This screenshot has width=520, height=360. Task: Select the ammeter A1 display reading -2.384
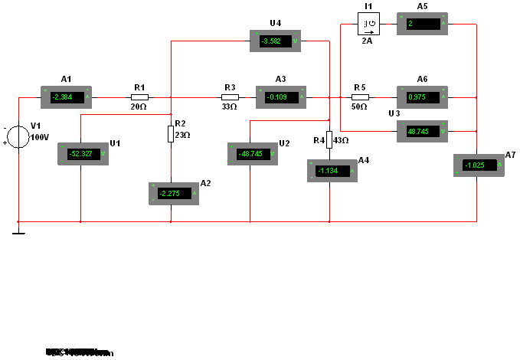click(65, 97)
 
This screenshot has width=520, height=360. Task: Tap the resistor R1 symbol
click(139, 97)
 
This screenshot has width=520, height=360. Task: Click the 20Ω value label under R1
click(139, 107)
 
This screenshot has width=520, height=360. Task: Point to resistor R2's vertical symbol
click(170, 135)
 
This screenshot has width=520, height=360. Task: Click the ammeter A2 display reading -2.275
click(173, 193)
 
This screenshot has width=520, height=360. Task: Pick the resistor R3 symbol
click(230, 97)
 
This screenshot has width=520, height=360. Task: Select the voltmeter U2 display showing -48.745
click(252, 154)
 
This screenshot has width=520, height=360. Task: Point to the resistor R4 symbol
click(329, 139)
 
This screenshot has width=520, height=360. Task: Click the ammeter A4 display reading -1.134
click(332, 172)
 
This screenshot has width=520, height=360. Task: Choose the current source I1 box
click(369, 25)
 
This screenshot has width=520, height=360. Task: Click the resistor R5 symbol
click(360, 97)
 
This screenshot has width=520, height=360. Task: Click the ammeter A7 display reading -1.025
click(478, 165)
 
